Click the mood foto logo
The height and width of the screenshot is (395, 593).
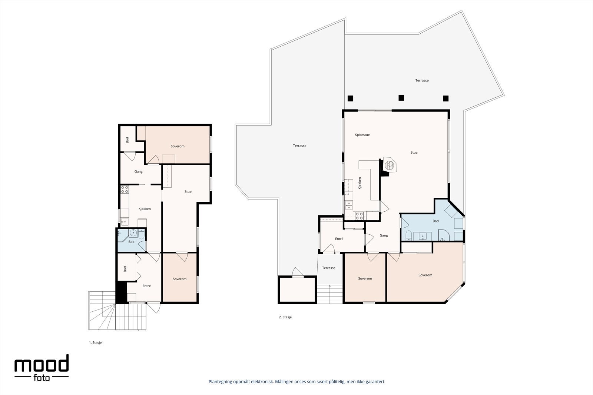click(x=42, y=368)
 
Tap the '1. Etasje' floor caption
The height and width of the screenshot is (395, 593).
click(x=95, y=342)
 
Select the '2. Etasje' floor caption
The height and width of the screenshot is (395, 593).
click(x=285, y=317)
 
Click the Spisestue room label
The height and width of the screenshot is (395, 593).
click(x=362, y=135)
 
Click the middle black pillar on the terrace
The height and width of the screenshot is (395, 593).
click(x=401, y=98)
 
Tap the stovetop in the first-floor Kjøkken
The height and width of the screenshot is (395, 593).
click(x=125, y=189)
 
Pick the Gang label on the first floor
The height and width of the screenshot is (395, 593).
click(x=139, y=172)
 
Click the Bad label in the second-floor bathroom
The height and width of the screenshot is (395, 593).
click(x=435, y=221)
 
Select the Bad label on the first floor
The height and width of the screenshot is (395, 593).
click(x=131, y=242)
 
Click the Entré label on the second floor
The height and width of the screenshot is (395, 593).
click(x=339, y=239)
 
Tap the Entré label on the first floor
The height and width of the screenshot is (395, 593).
click(x=147, y=286)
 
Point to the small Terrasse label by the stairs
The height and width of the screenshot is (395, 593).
click(x=329, y=268)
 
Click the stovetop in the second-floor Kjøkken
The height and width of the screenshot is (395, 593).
click(x=359, y=216)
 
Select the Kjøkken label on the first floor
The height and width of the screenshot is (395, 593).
click(x=145, y=209)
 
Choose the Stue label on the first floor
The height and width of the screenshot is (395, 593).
click(x=188, y=192)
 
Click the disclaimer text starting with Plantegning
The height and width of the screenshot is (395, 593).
click(x=296, y=382)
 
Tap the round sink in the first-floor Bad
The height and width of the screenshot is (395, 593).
click(x=133, y=233)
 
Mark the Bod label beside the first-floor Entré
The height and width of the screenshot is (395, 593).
click(x=125, y=269)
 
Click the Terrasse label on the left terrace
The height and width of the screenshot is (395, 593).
click(x=300, y=145)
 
